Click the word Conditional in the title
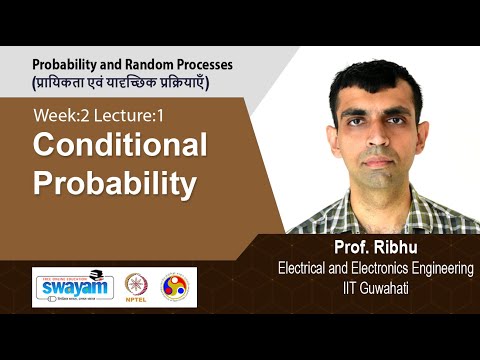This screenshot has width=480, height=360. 120,146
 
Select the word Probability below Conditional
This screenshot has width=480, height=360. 112,184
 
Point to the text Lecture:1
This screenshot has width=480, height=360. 129,116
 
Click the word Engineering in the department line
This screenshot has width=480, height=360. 435,268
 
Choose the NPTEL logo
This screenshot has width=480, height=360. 136,287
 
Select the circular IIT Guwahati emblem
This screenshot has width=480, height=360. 175,287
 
